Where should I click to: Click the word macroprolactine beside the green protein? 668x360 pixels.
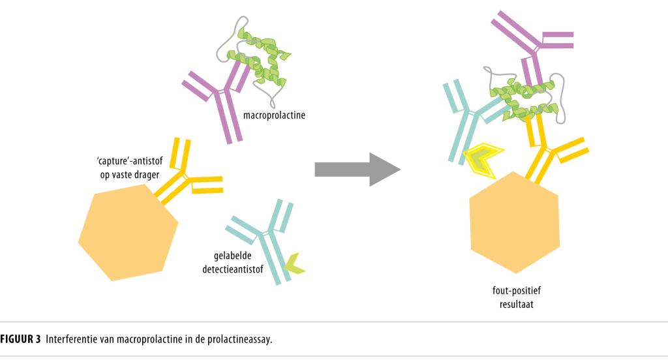click(x=274, y=116)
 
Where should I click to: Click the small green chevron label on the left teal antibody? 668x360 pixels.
click(x=294, y=262)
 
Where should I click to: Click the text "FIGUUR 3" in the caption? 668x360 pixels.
click(x=20, y=338)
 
